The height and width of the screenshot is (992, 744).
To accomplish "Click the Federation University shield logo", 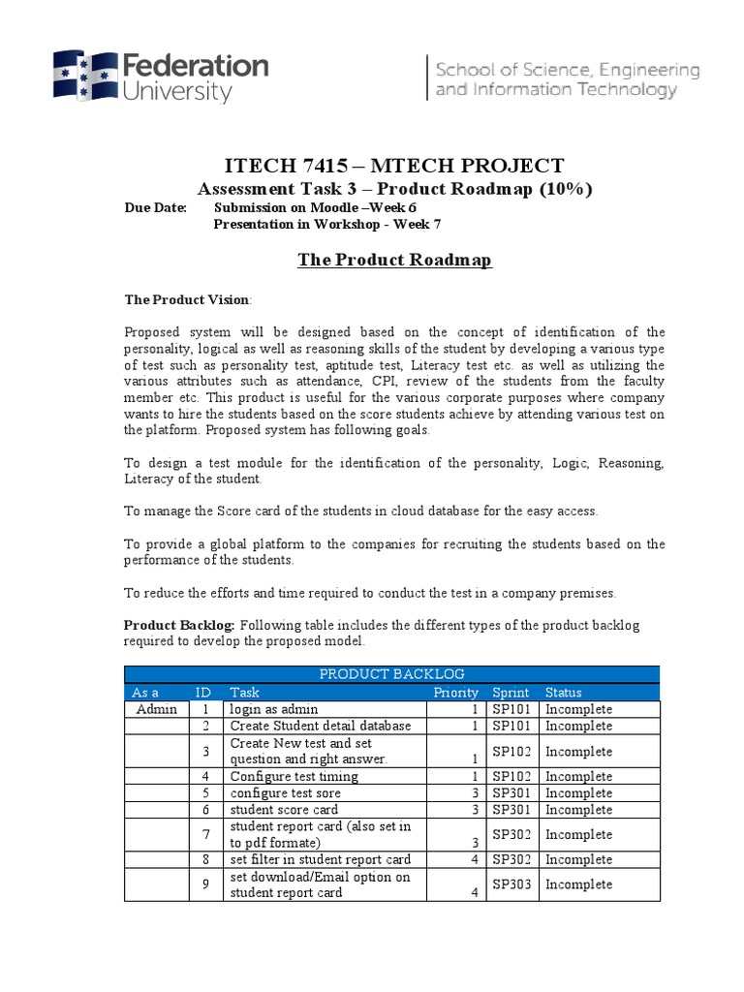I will click(83, 76).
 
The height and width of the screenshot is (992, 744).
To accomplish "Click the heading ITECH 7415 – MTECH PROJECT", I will click(393, 166).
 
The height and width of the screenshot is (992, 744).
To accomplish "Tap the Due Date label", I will click(155, 207).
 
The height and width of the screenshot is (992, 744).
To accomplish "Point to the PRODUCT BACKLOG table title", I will click(392, 674).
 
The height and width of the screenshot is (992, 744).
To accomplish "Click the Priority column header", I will click(455, 693).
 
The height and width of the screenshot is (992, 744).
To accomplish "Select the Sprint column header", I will click(511, 693).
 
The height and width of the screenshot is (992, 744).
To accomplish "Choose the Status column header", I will click(564, 693).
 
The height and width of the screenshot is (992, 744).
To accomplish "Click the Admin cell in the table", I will click(157, 709).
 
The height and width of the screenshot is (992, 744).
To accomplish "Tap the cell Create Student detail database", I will click(321, 726).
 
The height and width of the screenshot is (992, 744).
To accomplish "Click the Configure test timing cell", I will click(294, 776).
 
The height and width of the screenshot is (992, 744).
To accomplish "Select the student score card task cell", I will click(284, 809).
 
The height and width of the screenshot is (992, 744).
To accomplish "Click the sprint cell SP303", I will click(512, 884).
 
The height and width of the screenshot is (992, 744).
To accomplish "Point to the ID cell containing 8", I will click(205, 859).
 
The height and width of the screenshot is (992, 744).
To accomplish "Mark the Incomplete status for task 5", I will click(579, 792).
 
